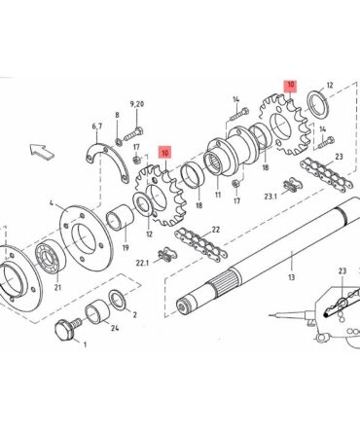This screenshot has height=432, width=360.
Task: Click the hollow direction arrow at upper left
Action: click(42, 151)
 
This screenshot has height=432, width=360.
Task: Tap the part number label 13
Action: click(292, 277)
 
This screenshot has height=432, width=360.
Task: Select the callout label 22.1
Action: click(142, 263)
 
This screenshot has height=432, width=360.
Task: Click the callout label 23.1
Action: click(270, 197)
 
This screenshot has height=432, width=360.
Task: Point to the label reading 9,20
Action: click(137, 104)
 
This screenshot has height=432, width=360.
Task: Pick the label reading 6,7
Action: click(96, 126)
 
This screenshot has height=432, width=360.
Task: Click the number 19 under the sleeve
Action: click(126, 248)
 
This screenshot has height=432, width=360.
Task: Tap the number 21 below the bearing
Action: click(57, 287)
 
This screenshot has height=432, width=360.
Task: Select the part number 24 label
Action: click(115, 328)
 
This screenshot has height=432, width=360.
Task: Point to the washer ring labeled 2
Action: click(117, 300)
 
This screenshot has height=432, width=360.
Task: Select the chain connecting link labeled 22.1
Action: click(166, 254)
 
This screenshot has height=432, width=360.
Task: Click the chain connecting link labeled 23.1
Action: click(292, 185)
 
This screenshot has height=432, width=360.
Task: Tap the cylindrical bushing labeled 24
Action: click(97, 312)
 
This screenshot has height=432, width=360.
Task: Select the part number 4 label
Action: click(52, 203)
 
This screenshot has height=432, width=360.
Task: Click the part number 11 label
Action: click(218, 195)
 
